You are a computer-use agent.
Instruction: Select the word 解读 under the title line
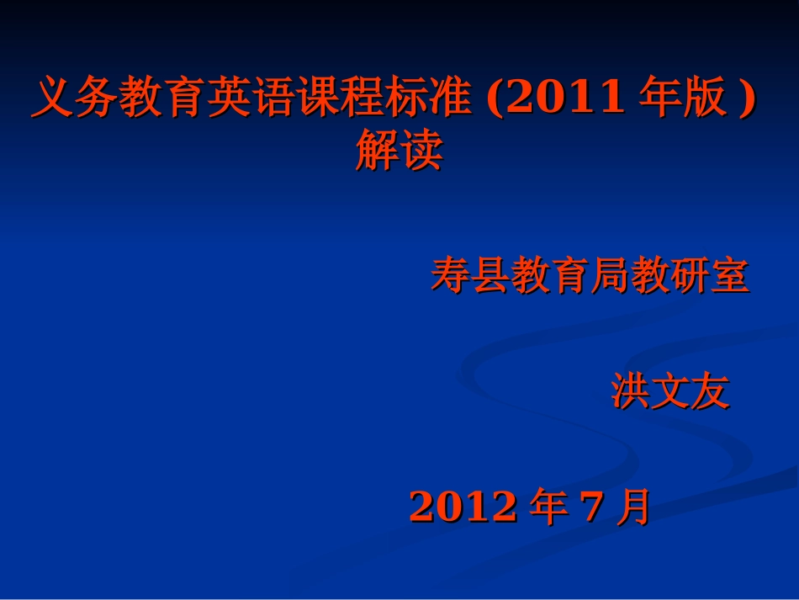(399, 152)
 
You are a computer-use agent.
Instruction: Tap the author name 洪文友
(670, 392)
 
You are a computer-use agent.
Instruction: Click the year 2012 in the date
(463, 507)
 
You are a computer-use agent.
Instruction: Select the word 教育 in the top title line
(161, 100)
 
